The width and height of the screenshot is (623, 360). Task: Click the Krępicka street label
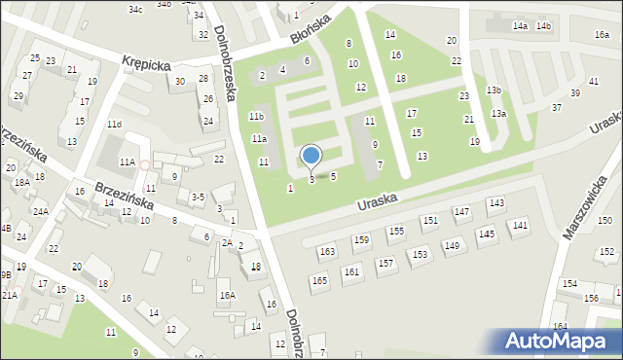(147, 62)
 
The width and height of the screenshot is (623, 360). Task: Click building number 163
(327, 252)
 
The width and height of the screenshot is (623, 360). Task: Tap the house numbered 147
(462, 211)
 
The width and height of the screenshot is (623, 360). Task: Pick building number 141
(521, 225)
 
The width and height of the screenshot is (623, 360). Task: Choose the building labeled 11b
(256, 117)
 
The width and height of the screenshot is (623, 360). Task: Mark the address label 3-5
(198, 197)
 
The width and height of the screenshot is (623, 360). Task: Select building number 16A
(227, 295)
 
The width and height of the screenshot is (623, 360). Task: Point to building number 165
(319, 281)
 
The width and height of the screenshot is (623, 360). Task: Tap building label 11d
(115, 125)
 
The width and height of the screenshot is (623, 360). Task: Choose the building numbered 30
(179, 81)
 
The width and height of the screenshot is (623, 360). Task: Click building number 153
(419, 255)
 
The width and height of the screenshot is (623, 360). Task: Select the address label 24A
(40, 211)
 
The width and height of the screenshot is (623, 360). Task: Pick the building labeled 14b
(543, 25)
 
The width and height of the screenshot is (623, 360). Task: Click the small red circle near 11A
(144, 165)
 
